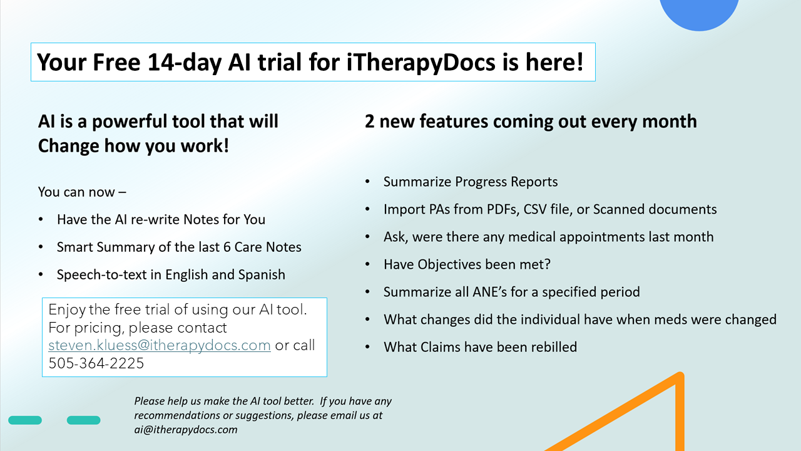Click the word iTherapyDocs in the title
point(421,63)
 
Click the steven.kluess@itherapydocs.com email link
point(160,345)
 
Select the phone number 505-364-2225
point(96,363)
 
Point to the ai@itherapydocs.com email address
point(186,430)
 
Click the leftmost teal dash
point(25,420)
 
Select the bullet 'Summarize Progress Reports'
point(470,182)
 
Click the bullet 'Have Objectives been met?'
point(467,264)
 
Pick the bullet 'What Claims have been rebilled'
point(480,347)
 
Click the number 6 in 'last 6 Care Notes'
point(227,247)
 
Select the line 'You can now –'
point(82,192)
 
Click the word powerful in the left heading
point(130,122)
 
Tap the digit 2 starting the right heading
point(369,122)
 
